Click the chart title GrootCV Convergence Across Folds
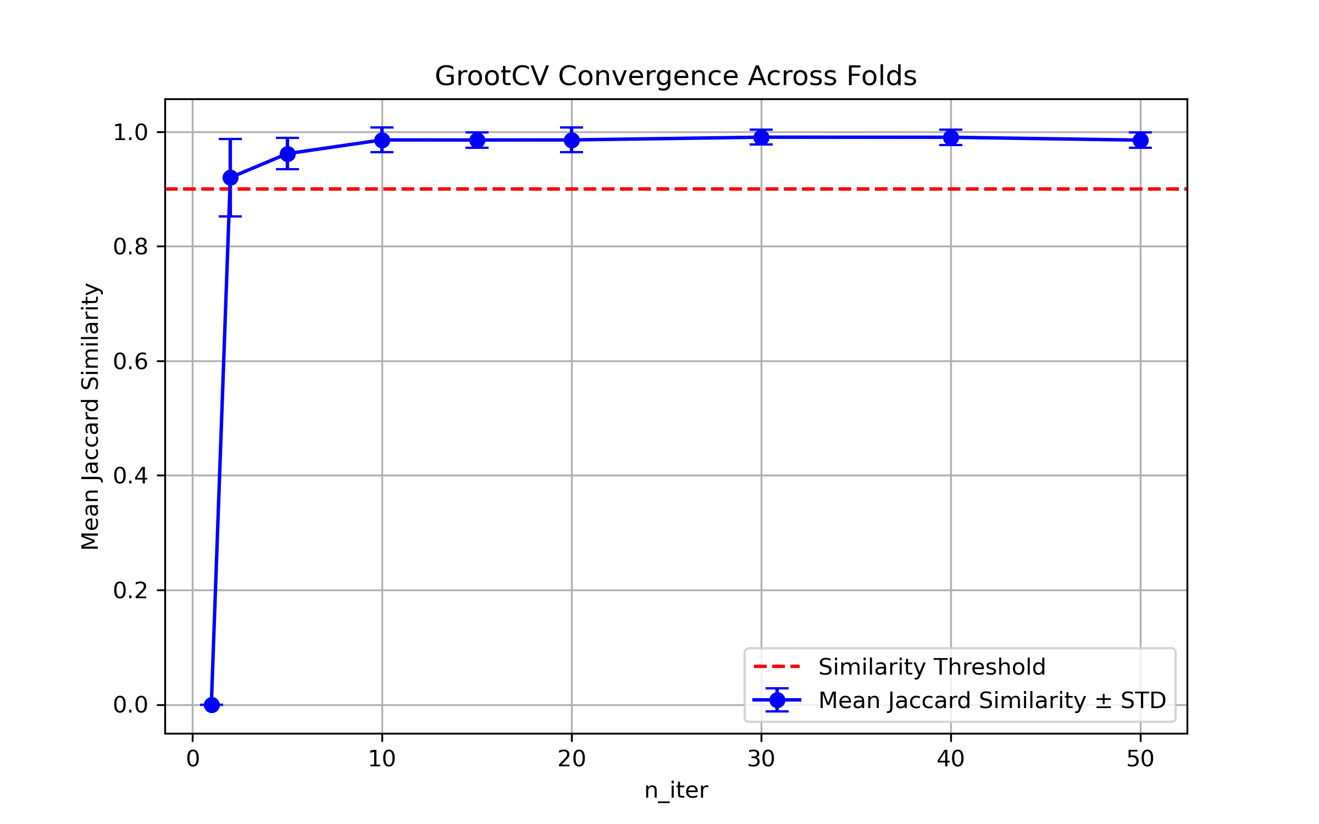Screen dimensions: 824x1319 675,76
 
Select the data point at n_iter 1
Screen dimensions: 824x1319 212,705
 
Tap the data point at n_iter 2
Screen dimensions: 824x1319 230,177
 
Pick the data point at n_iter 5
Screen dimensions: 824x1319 287,154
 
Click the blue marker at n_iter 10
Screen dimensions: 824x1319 382,140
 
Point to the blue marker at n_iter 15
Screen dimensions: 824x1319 477,140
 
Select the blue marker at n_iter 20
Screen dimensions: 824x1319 572,140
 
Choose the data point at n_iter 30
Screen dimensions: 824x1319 761,137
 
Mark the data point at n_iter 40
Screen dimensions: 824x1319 951,137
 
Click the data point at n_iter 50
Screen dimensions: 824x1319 1140,140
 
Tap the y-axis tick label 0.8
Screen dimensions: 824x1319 131,247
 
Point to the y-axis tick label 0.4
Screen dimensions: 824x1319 131,476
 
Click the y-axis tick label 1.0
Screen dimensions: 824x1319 131,132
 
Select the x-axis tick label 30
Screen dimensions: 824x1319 761,759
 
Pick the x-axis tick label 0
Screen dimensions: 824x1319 193,759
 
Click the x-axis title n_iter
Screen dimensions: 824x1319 676,790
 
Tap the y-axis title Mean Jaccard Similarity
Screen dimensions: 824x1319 90,416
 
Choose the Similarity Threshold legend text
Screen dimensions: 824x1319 932,667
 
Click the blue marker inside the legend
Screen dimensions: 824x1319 777,700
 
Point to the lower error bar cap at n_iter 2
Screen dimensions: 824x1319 230,216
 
